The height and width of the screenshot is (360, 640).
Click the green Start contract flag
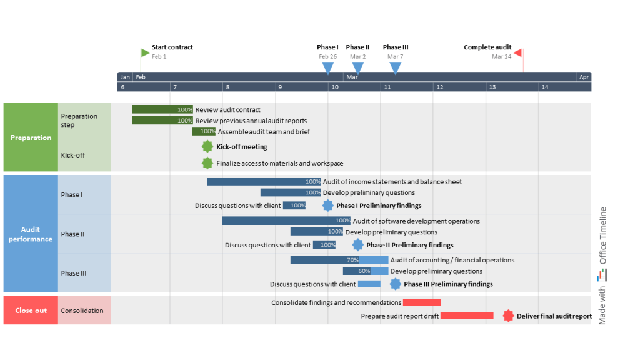point(145,52)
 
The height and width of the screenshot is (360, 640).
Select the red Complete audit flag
point(518,52)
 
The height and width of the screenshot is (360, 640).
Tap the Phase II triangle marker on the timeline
point(357,67)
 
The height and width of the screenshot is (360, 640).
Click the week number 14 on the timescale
point(544,87)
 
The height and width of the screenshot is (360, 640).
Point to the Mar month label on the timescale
point(352,77)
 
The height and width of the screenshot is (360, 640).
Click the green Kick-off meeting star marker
point(207,147)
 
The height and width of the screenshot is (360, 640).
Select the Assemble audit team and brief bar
point(204,132)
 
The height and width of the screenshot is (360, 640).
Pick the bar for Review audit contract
point(162,109)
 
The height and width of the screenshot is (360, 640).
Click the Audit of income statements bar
point(264,181)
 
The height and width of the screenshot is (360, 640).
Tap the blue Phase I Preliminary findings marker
point(328,206)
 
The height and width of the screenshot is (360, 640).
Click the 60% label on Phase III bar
point(364,271)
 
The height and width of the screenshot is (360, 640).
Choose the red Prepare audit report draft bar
point(467,316)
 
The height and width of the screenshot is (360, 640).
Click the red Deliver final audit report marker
point(508,316)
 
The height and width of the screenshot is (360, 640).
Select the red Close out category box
point(31,311)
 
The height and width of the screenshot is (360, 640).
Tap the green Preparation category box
point(31,137)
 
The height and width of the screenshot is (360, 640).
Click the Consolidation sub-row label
point(82,311)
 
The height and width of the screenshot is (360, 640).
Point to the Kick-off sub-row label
point(72,155)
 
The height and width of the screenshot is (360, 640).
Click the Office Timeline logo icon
point(602,274)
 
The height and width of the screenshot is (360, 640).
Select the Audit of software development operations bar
point(286,221)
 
